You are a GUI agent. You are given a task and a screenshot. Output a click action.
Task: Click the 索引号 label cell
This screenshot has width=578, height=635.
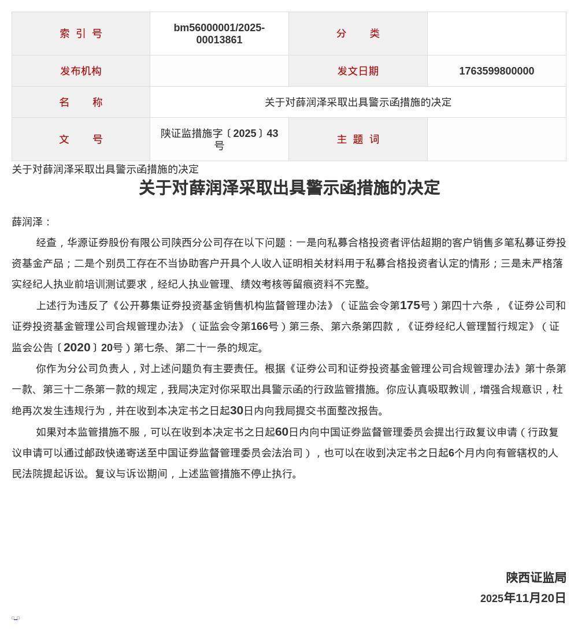81,34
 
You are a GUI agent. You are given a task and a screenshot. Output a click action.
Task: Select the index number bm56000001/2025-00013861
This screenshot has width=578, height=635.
219,34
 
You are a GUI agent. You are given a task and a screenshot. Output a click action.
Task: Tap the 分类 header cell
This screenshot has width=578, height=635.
358,34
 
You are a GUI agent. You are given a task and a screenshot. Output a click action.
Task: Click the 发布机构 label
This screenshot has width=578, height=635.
81,71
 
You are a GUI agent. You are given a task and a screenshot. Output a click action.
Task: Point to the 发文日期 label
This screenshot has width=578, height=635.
358,71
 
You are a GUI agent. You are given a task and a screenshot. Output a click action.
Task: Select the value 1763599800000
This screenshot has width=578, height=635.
497,71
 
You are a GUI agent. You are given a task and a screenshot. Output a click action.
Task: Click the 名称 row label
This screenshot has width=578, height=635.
81,102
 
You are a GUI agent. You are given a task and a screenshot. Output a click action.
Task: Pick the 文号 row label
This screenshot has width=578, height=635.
81,139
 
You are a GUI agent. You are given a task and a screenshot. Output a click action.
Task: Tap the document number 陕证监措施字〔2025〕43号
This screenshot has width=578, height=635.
219,139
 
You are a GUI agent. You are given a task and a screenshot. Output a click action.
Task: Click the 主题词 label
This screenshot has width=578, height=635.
358,139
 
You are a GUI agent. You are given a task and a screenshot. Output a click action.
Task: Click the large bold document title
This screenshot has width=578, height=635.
289,188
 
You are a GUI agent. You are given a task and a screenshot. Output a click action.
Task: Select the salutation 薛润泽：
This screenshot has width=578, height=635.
32,222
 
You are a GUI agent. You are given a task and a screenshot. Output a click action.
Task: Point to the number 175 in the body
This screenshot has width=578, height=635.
410,305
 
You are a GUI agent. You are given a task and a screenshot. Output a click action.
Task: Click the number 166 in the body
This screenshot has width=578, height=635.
260,326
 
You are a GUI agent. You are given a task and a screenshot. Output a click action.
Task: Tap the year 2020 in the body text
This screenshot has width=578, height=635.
77,347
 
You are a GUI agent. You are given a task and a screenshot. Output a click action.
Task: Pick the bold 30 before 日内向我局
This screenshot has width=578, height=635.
236,411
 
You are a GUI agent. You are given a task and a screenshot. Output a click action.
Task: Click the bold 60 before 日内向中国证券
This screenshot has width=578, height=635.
281,432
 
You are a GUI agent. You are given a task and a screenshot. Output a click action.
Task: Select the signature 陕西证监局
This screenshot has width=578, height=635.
536,578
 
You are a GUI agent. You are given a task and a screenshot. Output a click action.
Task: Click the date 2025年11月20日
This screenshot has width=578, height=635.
523,598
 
